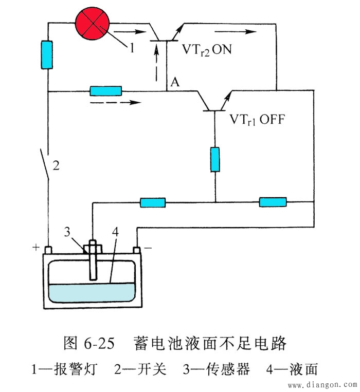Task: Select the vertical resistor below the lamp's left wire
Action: [47, 55]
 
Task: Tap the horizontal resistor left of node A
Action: [105, 91]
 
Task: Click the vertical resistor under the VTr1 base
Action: [215, 159]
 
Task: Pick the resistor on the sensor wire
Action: [153, 202]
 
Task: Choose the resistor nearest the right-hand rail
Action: [273, 202]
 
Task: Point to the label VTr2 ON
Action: [209, 50]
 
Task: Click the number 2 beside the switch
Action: [57, 166]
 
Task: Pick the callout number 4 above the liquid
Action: [114, 231]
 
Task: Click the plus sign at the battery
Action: [36, 248]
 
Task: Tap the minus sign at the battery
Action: [148, 248]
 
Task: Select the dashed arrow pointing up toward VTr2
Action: [156, 64]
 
